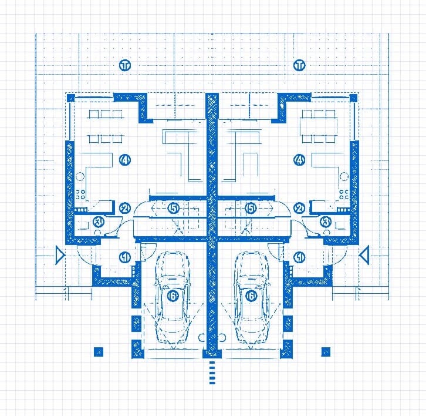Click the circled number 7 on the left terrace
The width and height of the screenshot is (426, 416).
click(124, 65)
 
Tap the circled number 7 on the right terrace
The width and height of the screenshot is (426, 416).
click(300, 65)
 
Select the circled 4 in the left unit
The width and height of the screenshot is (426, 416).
click(124, 160)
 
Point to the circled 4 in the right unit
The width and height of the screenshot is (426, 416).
click(300, 160)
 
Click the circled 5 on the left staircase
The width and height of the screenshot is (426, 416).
click(173, 208)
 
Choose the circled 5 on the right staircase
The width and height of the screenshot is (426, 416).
click(251, 208)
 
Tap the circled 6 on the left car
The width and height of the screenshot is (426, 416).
click(173, 297)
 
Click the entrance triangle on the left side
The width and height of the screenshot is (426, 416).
click(59, 255)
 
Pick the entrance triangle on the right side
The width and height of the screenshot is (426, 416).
click(364, 255)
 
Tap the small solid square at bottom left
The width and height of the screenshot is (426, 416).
click(98, 352)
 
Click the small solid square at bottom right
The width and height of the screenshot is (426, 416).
click(326, 352)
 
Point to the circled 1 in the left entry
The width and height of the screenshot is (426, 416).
click(124, 257)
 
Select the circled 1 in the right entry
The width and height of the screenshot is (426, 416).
click(300, 257)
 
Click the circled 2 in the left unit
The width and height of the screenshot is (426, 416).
click(124, 208)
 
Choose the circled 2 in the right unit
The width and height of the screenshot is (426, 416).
click(300, 208)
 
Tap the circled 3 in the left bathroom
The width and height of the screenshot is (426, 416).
click(99, 222)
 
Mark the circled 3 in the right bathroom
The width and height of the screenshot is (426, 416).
click(326, 222)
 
